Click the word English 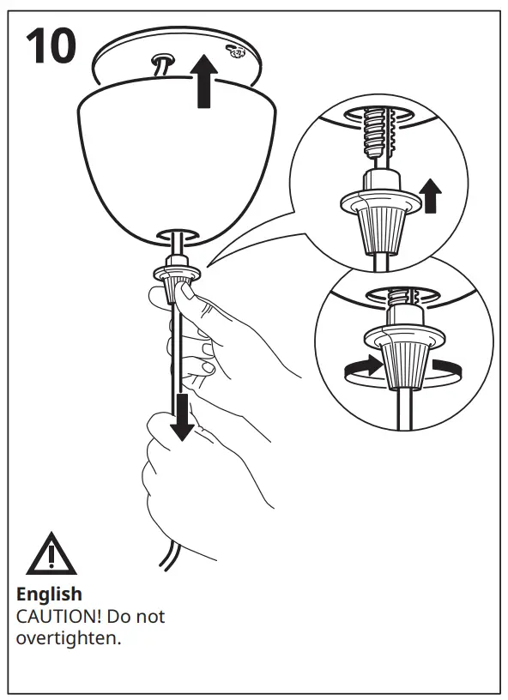click(50, 594)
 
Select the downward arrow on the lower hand click(182, 419)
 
